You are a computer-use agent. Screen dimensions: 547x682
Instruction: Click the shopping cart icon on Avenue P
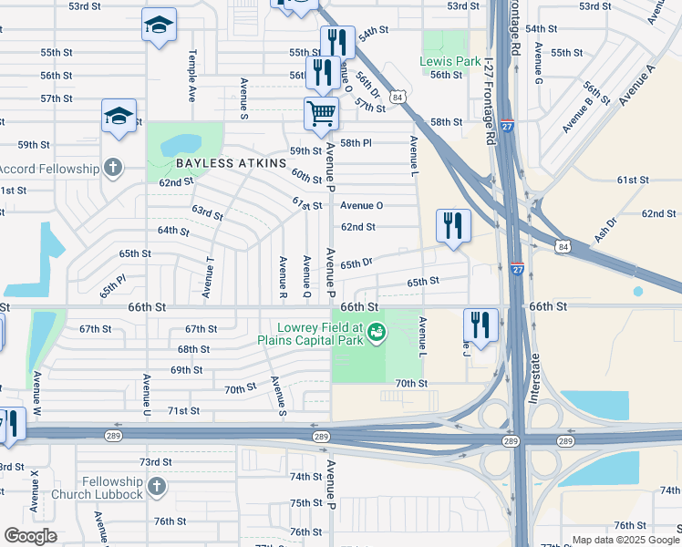point(321,114)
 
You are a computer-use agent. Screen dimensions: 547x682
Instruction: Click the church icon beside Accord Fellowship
point(112,168)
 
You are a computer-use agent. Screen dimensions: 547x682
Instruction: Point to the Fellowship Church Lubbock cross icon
point(157,487)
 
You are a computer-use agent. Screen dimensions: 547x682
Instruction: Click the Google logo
point(30,536)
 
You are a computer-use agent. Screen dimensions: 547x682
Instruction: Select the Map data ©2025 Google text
point(625,540)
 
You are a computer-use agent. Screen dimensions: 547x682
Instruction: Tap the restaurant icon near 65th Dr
point(452,225)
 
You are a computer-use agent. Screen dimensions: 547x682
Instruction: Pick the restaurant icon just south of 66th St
point(480,325)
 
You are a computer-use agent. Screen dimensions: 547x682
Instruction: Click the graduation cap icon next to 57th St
point(119,116)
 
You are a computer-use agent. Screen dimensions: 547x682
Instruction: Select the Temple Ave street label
point(192,75)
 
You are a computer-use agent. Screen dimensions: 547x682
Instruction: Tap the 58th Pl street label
point(356,144)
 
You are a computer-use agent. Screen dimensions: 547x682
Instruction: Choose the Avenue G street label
point(538,65)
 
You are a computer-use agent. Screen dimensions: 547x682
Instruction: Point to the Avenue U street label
point(146,397)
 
